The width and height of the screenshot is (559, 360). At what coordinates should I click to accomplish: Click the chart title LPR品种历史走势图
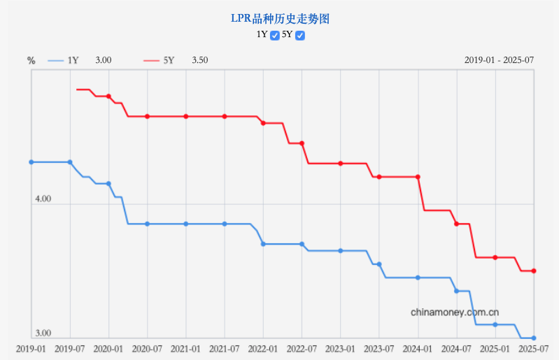point(280,19)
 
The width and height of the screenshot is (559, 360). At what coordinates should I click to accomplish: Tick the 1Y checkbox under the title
point(275,35)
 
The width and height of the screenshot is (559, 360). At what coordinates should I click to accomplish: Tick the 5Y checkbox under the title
point(300,35)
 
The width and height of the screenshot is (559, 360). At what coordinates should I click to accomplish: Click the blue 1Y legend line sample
point(55,61)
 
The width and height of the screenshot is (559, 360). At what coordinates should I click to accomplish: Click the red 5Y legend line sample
point(151,61)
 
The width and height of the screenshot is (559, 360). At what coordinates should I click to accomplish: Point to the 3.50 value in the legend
point(199,61)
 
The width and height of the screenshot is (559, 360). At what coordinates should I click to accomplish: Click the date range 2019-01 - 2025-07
point(499,60)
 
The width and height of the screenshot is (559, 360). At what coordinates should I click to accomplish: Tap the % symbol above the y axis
point(31,61)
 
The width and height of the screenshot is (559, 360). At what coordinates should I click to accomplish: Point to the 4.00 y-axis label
point(43,199)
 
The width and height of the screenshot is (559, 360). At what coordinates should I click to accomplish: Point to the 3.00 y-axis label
point(43,333)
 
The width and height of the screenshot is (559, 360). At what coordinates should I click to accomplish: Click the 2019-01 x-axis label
point(31,348)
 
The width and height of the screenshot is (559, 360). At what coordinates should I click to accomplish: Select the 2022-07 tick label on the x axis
point(302,348)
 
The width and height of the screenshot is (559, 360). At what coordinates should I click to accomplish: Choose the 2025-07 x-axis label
point(533,348)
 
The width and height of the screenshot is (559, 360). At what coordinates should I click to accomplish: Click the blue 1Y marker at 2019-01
point(31,162)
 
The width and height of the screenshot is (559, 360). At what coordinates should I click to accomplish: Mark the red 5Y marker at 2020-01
point(108,96)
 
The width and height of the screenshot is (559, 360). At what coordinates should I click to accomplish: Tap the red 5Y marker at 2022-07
point(302,143)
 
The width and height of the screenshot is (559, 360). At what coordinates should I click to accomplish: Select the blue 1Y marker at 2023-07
point(379,264)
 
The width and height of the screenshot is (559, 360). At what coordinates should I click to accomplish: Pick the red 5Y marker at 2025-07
point(534,271)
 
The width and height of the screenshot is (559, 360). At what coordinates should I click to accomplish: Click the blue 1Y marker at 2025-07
point(534,338)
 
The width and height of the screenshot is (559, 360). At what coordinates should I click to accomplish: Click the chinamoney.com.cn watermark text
point(455,312)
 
